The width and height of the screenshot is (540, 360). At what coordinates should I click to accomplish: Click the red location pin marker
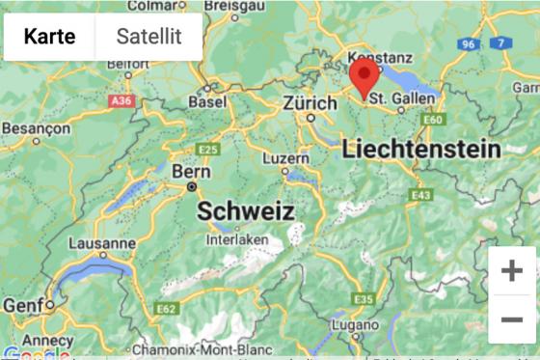(363, 77)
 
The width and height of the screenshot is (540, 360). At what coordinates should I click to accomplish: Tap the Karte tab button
(50, 37)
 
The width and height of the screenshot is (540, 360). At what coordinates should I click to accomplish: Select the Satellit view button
(148, 37)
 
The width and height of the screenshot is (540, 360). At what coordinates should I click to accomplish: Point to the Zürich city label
(310, 103)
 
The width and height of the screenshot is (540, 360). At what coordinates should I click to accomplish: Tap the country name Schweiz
(246, 211)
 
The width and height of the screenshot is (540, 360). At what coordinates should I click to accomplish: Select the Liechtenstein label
(421, 150)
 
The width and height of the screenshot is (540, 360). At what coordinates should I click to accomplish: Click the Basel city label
(207, 101)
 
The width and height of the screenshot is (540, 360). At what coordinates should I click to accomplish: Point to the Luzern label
(286, 157)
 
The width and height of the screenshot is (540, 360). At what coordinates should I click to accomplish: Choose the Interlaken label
(237, 238)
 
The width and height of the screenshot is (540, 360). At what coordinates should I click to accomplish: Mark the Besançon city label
(36, 127)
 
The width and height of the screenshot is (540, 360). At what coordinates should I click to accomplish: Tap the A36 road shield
(121, 100)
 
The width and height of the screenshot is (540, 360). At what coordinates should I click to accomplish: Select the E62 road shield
(166, 309)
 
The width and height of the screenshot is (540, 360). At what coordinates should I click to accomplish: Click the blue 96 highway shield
(470, 44)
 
